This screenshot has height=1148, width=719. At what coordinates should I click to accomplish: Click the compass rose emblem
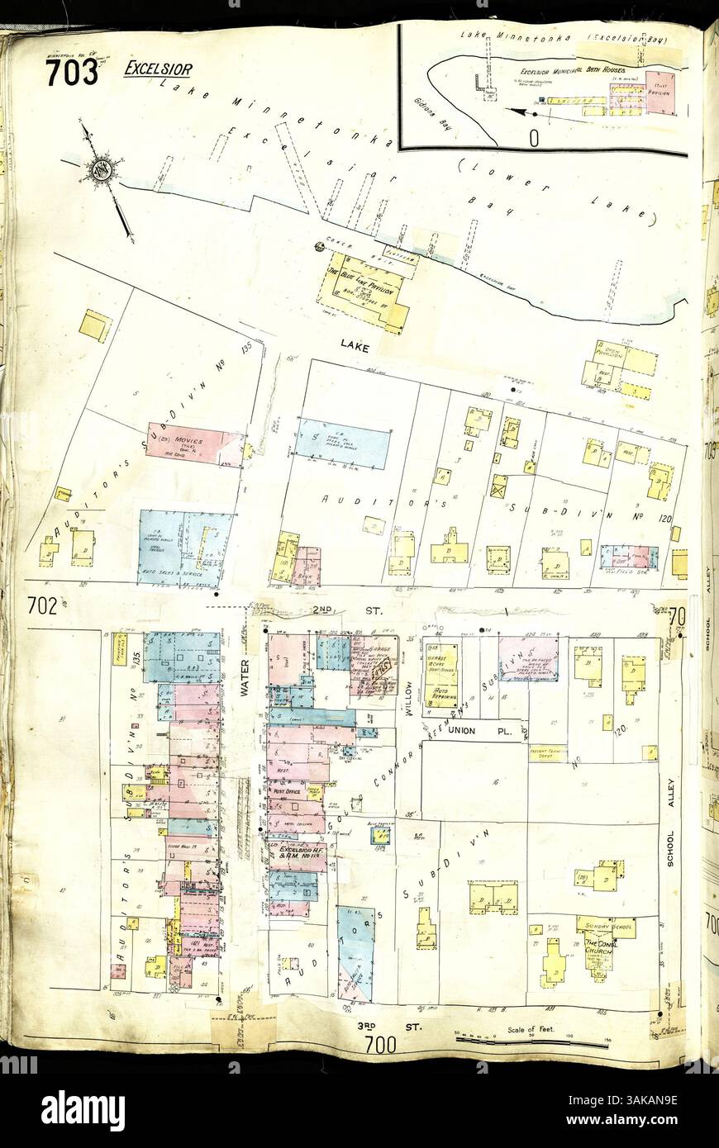pos(102,170)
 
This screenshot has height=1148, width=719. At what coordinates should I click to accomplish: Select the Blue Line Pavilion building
pos(364,290)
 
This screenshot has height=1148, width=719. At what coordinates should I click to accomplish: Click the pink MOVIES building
pos(194,444)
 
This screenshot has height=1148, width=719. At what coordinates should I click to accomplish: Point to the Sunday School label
pos(606,925)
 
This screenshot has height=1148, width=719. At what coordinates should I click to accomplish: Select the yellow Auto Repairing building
pos(441,676)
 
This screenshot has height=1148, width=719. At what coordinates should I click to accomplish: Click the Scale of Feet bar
pos(530,1043)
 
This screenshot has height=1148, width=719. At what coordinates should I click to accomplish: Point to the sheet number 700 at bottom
pos(379,1046)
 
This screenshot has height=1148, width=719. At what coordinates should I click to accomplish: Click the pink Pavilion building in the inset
pos(659,93)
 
